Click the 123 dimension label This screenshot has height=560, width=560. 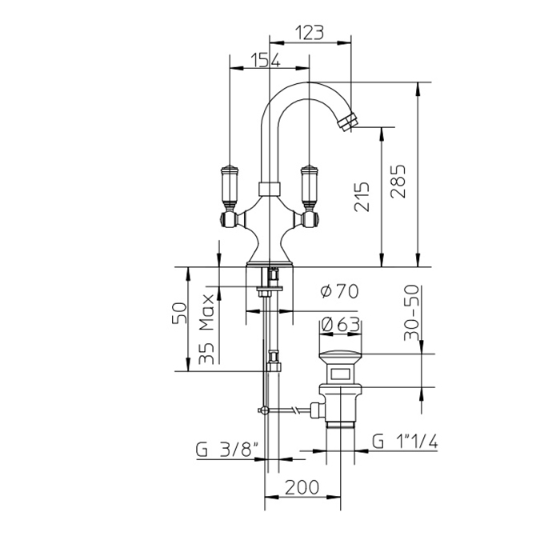click(310, 33)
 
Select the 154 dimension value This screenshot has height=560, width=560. click(266, 60)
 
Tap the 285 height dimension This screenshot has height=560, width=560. click(398, 182)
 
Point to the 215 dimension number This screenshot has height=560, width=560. click(362, 197)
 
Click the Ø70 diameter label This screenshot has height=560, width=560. click(339, 291)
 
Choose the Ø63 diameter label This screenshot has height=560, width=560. click(340, 324)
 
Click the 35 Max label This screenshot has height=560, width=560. click(206, 330)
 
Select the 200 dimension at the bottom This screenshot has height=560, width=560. click(302, 487)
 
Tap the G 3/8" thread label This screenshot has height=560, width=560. click(227, 450)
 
